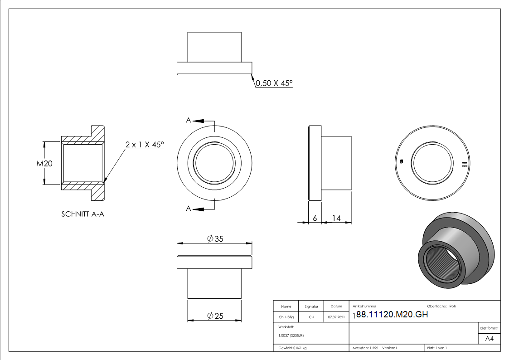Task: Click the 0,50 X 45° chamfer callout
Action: (x=274, y=83)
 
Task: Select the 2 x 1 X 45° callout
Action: (x=145, y=145)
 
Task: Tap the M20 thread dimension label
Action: (x=45, y=164)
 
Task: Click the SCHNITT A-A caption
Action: (x=83, y=214)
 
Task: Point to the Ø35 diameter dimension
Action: (x=214, y=239)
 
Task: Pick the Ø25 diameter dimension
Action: (x=214, y=316)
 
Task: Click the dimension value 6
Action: (x=315, y=218)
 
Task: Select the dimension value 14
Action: (x=336, y=218)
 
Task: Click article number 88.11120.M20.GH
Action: (x=392, y=316)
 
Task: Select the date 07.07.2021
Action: (x=336, y=317)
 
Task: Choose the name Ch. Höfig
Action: (x=286, y=317)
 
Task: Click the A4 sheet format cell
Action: (x=490, y=339)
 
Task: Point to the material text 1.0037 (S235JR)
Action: (x=291, y=336)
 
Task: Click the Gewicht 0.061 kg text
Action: (x=292, y=348)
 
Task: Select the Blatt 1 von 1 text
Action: (x=437, y=348)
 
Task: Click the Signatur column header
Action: (x=311, y=306)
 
